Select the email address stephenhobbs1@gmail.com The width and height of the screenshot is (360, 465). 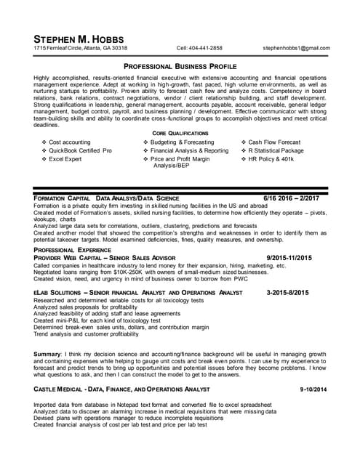(301, 48)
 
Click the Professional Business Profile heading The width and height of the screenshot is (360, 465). (180, 65)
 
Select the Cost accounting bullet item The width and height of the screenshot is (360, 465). (69, 142)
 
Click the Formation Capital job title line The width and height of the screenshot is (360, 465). (106, 198)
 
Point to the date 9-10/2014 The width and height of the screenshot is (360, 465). (313, 390)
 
